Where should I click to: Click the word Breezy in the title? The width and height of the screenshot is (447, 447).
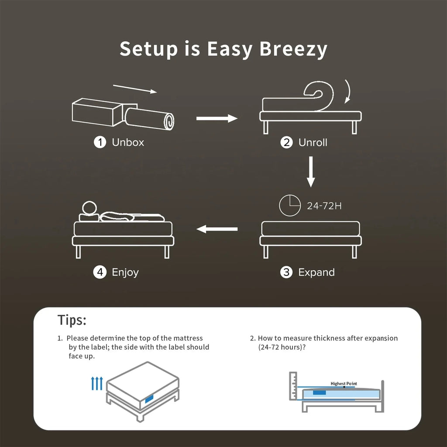293,49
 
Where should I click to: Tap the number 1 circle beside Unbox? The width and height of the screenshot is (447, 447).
100,142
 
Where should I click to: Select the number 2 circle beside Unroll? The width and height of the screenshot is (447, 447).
286,142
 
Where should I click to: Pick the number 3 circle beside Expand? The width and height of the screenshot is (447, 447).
286,272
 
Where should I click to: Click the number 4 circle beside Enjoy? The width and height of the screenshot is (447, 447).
100,272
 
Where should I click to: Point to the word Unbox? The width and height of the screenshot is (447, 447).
128,142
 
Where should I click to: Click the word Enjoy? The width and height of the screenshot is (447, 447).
125,272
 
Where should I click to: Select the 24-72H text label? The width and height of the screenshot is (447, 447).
324,206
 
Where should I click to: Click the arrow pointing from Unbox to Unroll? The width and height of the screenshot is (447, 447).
217,118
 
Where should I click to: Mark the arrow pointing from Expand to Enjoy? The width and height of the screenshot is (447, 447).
217,228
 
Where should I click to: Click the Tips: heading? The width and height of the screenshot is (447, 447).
72,320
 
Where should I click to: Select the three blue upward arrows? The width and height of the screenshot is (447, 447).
96,383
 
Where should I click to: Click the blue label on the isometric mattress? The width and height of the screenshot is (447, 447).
148,398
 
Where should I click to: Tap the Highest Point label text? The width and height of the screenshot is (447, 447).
344,384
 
